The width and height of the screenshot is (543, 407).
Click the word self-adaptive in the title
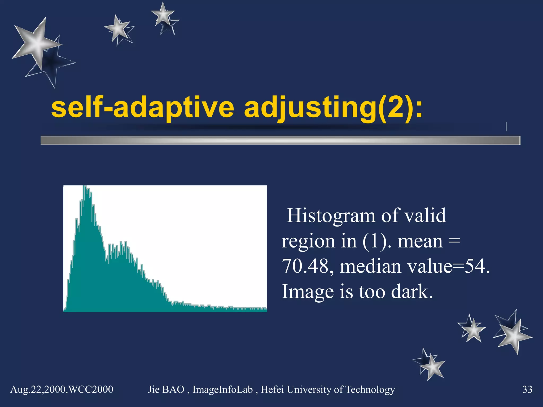pyautogui.click(x=142, y=108)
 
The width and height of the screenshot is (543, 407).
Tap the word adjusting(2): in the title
pyautogui.click(x=333, y=108)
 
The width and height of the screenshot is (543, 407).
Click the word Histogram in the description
pyautogui.click(x=331, y=216)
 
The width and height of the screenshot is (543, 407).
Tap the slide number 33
pyautogui.click(x=527, y=390)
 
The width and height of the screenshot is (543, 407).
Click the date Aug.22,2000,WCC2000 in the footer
pyautogui.click(x=62, y=390)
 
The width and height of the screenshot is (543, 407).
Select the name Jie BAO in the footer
pyautogui.click(x=166, y=390)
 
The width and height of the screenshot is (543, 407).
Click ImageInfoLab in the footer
pyautogui.click(x=222, y=390)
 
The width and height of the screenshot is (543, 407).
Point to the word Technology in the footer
pyautogui.click(x=370, y=390)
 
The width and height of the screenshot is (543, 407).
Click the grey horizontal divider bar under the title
pyautogui.click(x=280, y=140)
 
